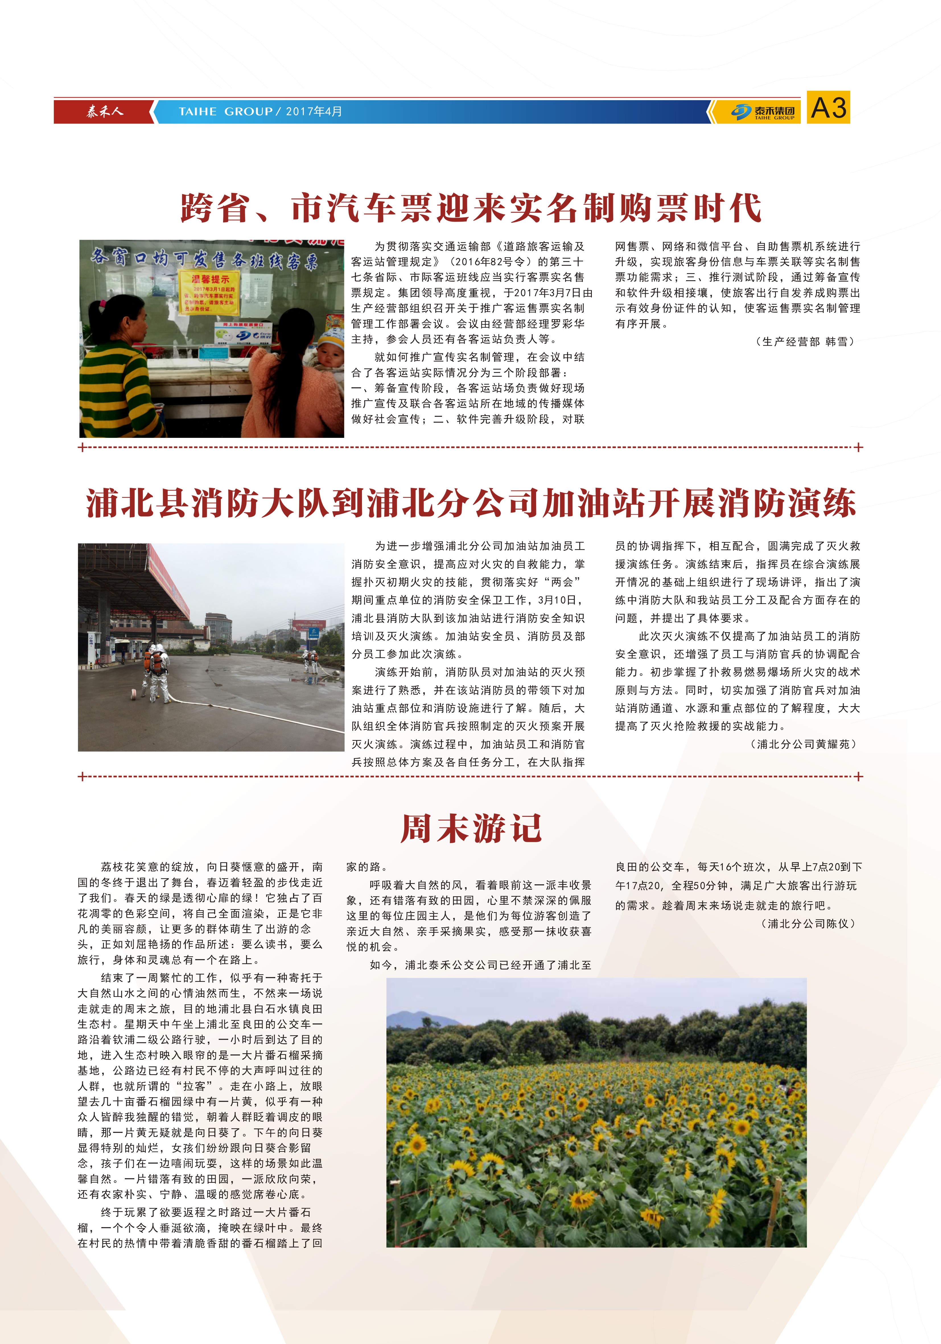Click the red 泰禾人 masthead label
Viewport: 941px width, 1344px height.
tap(104, 111)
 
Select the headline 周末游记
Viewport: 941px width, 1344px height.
tap(471, 828)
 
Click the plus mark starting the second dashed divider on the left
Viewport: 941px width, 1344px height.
tap(82, 777)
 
